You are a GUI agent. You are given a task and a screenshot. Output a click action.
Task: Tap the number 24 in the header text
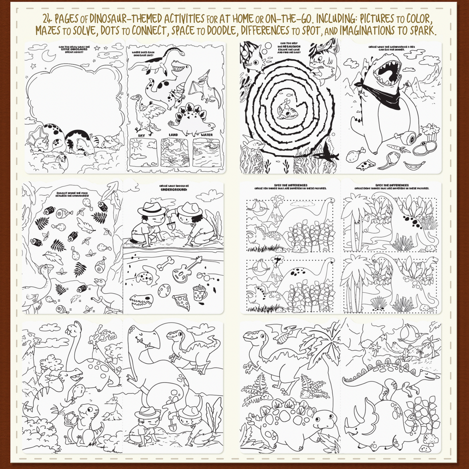[47, 18]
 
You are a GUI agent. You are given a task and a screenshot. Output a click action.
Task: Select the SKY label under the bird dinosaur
[142, 135]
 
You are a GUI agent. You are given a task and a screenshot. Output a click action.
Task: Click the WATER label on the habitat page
[207, 135]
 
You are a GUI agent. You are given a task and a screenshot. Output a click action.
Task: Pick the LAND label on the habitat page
[173, 135]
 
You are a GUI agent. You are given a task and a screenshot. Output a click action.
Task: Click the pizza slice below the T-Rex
[366, 165]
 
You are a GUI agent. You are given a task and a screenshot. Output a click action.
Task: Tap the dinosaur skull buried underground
[141, 301]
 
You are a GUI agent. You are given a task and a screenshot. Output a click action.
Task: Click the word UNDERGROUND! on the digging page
[174, 189]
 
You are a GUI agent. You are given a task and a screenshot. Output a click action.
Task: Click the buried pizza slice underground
[182, 302]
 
